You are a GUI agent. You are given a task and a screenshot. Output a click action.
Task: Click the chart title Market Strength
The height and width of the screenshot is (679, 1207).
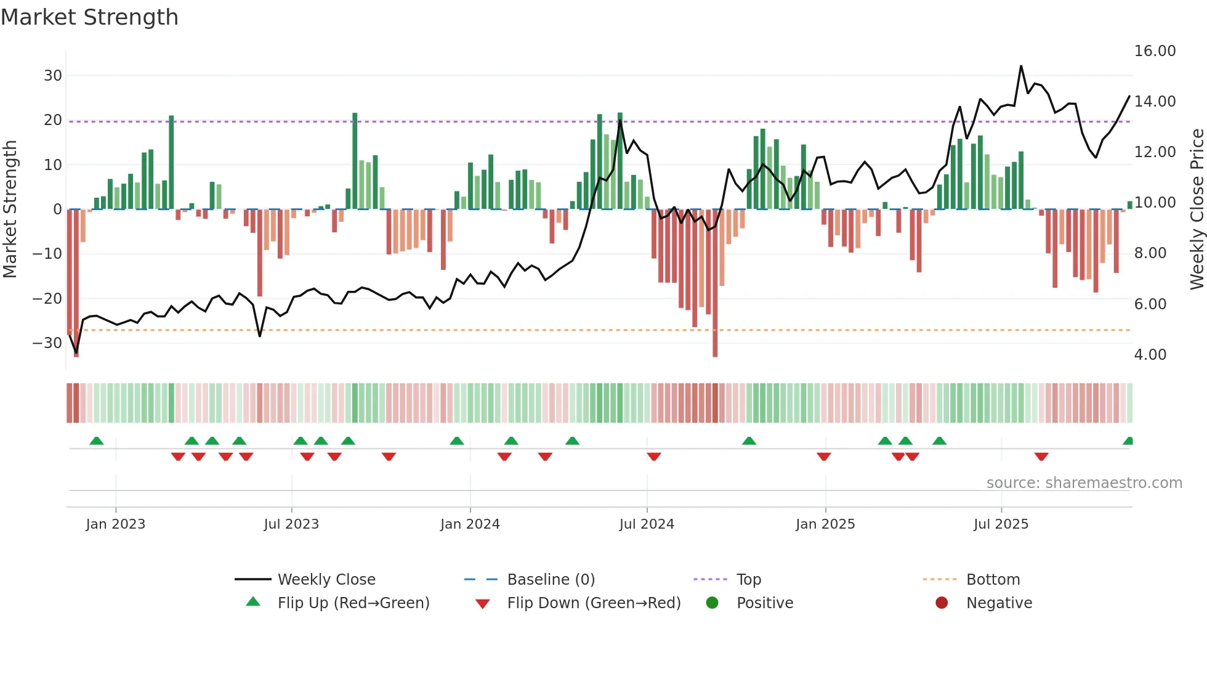point(89,17)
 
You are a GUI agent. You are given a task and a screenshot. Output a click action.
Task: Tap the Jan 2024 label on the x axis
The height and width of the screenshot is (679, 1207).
point(470,524)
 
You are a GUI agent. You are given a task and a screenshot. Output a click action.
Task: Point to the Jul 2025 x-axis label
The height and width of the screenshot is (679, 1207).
point(1001,524)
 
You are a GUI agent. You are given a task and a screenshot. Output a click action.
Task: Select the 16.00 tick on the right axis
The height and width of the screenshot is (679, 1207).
point(1155,51)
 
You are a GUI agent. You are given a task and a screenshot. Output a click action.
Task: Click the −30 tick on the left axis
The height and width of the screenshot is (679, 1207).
point(47,343)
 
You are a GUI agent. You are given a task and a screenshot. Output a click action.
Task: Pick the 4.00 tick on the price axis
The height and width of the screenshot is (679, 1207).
point(1150,355)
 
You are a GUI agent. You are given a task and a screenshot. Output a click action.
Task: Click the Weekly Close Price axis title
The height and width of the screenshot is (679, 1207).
point(1197,209)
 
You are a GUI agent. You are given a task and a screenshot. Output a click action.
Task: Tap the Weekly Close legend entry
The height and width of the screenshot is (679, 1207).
point(326,580)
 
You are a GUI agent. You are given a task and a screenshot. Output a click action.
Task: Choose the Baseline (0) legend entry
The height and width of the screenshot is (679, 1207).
point(551,580)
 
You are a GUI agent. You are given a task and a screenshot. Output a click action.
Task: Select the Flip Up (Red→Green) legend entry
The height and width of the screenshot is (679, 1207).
point(353,603)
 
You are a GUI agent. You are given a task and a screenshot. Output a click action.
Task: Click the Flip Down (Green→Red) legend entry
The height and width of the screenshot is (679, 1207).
point(594,603)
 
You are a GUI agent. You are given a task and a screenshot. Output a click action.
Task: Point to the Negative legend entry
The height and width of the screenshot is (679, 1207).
point(999,603)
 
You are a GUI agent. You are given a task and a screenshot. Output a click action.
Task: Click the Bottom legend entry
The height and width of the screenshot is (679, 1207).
point(993,580)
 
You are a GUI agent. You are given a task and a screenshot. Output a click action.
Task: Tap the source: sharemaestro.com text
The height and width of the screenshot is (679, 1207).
point(1084,483)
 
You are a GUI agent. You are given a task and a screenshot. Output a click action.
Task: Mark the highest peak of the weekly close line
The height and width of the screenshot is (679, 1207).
point(1020,66)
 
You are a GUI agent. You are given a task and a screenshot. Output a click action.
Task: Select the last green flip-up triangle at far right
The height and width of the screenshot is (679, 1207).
point(1128,441)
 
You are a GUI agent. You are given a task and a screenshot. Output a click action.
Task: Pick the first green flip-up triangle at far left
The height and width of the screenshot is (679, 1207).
point(96,441)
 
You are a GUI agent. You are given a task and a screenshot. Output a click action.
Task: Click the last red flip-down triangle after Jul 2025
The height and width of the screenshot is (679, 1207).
point(1041,457)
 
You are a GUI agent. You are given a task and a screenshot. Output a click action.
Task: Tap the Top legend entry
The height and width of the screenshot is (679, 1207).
point(749,580)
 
